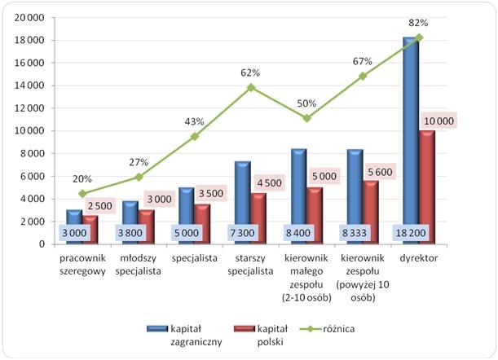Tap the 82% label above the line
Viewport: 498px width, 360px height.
coord(419,23)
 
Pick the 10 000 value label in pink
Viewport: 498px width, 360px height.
coord(439,121)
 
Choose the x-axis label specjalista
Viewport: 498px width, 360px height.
coord(193,258)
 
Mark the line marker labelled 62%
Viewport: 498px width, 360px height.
coord(251,87)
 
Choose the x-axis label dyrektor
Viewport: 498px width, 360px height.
coord(420,258)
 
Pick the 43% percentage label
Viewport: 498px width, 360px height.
coord(194,121)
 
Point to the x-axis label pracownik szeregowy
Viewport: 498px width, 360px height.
coord(82,264)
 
